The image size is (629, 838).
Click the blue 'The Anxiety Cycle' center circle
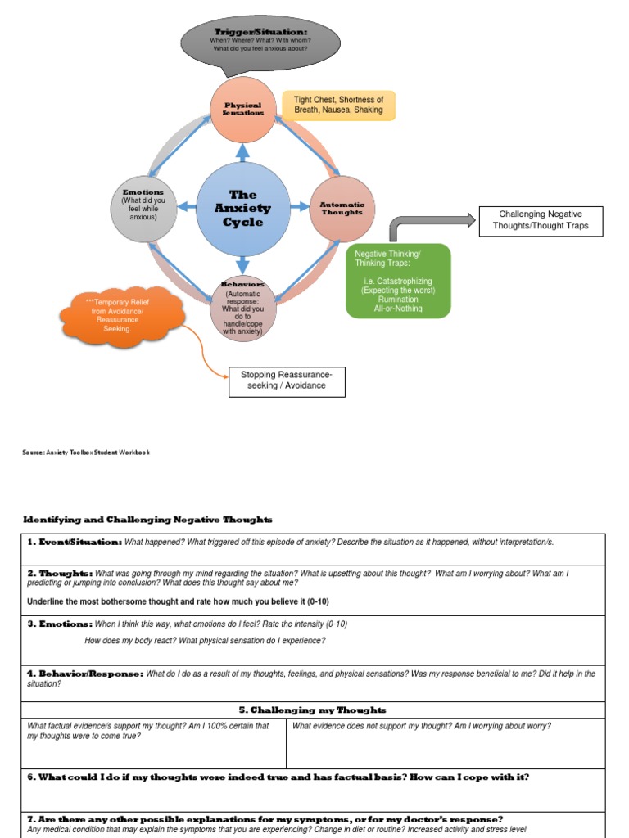(242, 209)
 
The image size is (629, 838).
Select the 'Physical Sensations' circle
(242, 110)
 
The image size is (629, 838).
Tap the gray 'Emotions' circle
(143, 209)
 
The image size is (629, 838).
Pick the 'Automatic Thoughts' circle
(342, 209)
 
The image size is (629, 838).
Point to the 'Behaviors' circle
(243, 309)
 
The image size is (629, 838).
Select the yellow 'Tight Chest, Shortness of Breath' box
(338, 105)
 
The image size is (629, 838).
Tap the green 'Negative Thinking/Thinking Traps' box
(398, 281)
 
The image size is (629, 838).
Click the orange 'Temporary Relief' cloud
(122, 316)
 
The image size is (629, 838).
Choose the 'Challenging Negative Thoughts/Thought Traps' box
(541, 221)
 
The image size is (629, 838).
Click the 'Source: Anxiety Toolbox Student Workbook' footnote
(86, 453)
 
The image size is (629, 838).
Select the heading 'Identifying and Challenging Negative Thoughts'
(147, 520)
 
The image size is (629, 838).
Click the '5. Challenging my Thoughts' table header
(313, 710)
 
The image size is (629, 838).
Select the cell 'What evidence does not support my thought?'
(421, 726)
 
